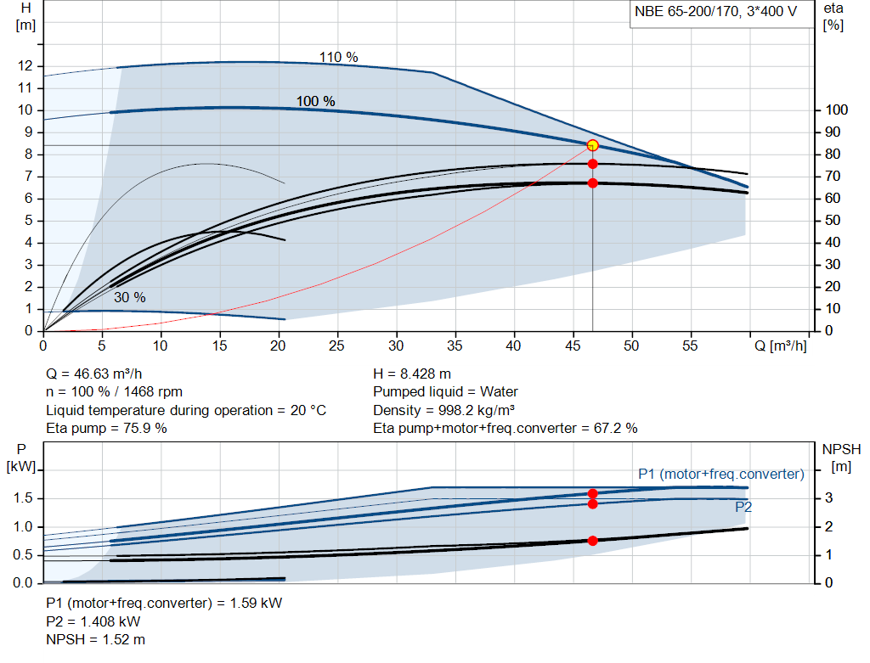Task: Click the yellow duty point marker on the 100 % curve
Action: (592, 145)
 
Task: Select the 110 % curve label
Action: (338, 57)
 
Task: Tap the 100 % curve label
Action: (315, 101)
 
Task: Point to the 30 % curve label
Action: (129, 297)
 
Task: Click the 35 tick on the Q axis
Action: (455, 346)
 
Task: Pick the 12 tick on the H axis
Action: (25, 65)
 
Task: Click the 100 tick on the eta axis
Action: (837, 110)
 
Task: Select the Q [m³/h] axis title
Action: (780, 346)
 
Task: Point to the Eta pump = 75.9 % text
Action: (106, 428)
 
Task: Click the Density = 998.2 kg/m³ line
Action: (444, 410)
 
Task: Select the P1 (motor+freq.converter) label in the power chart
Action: (720, 474)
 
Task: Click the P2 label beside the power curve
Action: (743, 507)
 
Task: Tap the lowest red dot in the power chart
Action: (592, 540)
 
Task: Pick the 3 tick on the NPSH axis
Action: (828, 498)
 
